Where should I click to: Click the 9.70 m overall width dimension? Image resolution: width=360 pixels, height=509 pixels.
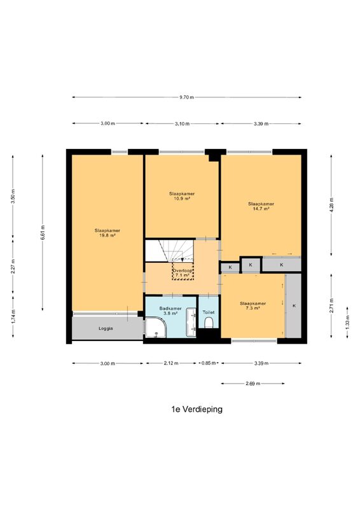[186, 97]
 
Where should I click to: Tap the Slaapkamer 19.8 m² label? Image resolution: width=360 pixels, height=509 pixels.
[107, 233]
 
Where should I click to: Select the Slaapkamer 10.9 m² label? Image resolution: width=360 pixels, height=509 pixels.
[182, 196]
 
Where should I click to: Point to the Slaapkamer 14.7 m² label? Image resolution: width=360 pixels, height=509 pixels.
[261, 206]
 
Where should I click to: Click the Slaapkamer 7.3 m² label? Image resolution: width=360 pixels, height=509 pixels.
[253, 306]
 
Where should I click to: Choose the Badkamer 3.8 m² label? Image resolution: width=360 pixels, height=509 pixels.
[170, 311]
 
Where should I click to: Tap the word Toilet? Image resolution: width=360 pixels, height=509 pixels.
[209, 312]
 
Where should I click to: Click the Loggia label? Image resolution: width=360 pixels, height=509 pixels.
[106, 328]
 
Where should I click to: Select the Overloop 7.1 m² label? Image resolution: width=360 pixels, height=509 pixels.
[183, 273]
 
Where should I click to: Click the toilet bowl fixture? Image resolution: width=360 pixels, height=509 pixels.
[209, 323]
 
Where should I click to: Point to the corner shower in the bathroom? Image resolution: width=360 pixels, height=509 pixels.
[156, 328]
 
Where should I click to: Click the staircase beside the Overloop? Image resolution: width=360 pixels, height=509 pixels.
[169, 251]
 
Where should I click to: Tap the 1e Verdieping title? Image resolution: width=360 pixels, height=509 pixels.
[197, 409]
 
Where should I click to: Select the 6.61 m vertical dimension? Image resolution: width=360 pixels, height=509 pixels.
[43, 232]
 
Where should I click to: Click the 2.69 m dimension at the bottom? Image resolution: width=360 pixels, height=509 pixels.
[253, 384]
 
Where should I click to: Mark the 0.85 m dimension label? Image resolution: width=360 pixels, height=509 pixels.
[209, 363]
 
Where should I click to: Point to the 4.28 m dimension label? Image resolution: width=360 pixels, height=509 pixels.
[331, 205]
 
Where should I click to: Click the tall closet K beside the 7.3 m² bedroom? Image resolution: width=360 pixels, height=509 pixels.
[294, 306]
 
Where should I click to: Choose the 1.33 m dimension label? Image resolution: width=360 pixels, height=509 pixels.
[347, 323]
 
